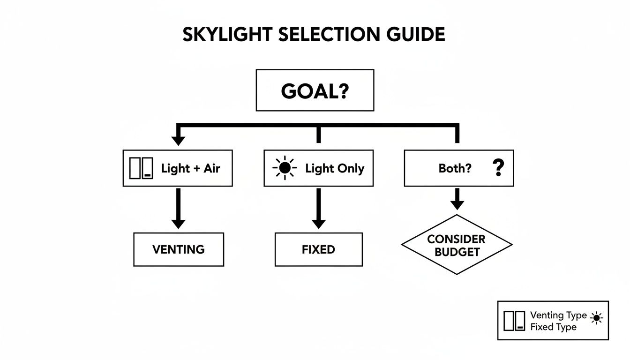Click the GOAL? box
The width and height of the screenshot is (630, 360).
click(315, 90)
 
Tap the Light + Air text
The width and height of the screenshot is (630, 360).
click(190, 169)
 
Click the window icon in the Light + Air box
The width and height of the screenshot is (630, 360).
click(141, 169)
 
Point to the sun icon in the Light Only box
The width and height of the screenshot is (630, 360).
click(285, 169)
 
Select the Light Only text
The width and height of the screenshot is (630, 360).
click(334, 169)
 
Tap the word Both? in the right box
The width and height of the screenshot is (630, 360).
click(455, 169)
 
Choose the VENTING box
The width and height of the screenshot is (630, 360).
click(179, 249)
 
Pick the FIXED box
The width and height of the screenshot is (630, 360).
click(318, 249)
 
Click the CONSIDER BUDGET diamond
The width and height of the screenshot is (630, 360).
click(457, 245)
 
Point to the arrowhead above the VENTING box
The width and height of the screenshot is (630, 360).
click(178, 223)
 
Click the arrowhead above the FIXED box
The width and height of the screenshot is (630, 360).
click(318, 223)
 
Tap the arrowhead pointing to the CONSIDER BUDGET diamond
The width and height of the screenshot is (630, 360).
click(457, 204)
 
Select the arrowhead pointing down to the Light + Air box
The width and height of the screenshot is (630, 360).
click(178, 140)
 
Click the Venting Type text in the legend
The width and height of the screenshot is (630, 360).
click(558, 315)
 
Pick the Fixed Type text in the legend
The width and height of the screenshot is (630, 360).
click(553, 327)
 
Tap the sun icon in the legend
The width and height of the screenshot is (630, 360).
click(596, 318)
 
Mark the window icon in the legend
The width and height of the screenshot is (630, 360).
click(514, 321)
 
